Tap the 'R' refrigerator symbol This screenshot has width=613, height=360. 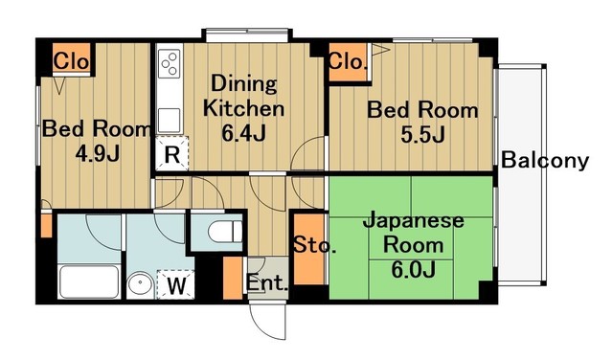pyautogui.click(x=172, y=153)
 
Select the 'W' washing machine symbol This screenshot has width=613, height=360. pyautogui.click(x=176, y=283)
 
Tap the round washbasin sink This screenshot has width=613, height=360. pyautogui.click(x=141, y=283)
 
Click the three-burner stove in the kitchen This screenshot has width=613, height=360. pyautogui.click(x=170, y=64)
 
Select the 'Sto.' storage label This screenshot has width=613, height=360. pyautogui.click(x=314, y=246)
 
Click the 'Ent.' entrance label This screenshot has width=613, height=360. pyautogui.click(x=264, y=283)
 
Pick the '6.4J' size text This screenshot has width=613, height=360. pyautogui.click(x=244, y=133)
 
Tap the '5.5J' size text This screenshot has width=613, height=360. pyautogui.click(x=423, y=134)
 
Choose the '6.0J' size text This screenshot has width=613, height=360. pyautogui.click(x=412, y=269)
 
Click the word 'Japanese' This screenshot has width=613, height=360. pyautogui.click(x=413, y=221)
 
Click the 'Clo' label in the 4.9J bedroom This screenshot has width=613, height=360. pyautogui.click(x=71, y=62)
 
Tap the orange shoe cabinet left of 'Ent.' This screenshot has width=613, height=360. pyautogui.click(x=232, y=278)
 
